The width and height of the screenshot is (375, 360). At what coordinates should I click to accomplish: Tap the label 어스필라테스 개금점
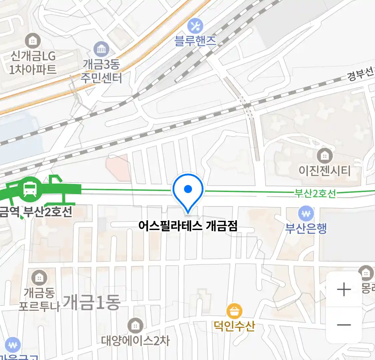tap(188, 226)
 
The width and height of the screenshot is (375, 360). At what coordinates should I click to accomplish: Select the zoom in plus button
tap(344, 289)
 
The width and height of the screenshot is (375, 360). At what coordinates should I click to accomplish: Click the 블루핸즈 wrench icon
tap(195, 26)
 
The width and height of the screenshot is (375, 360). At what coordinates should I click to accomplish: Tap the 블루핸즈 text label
tap(195, 41)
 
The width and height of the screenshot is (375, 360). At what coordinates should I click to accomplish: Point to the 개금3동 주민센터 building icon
tap(101, 49)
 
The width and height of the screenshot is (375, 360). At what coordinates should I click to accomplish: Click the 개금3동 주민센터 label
tap(101, 71)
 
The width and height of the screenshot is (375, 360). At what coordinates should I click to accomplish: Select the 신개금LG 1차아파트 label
tap(33, 62)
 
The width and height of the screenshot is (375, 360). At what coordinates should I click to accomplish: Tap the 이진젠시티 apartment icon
tap(324, 155)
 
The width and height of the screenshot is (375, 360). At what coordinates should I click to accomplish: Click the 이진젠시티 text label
tap(324, 171)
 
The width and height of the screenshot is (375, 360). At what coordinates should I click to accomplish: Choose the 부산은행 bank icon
tap(306, 213)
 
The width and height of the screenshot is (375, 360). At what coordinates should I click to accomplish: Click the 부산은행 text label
tap(306, 228)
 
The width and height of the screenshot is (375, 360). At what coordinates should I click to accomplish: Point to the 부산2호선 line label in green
tap(315, 193)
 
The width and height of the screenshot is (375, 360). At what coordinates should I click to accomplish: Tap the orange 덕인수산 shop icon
tap(234, 311)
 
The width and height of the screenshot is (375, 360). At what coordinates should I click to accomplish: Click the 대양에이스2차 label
tap(135, 341)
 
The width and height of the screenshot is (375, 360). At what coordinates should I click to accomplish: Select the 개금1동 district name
tap(91, 303)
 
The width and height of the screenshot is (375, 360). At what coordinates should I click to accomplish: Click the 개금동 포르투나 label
tap(39, 299)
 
